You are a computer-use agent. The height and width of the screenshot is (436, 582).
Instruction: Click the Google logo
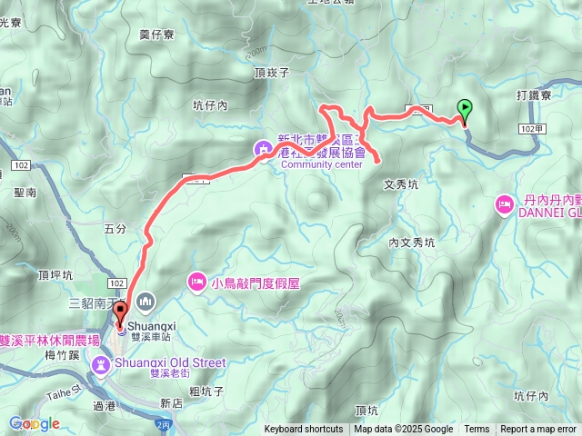point(34,423)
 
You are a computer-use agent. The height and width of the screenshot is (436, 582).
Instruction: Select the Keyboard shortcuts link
point(304,430)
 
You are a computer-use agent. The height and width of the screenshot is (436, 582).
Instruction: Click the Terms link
point(477,430)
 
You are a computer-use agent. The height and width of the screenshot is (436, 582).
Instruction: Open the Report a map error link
point(539,430)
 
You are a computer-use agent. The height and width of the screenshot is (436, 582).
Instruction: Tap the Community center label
point(321,164)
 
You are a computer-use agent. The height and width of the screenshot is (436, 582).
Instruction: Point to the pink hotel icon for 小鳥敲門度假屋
point(196,282)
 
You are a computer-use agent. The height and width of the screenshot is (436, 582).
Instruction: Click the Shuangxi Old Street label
point(171,362)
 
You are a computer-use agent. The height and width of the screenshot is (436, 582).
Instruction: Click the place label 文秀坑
point(401,183)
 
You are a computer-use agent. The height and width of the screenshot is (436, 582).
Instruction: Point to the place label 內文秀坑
point(412,243)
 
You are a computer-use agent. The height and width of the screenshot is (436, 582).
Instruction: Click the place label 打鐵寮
point(535,94)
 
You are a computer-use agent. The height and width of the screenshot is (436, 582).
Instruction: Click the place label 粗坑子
point(207,391)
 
